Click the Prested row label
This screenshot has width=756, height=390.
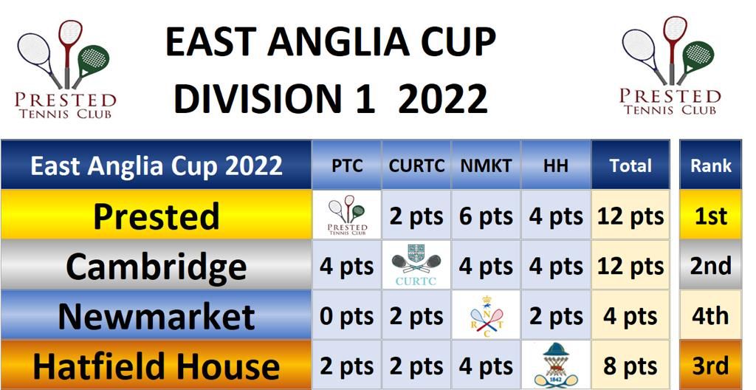click(x=157, y=216)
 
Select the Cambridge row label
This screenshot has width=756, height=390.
click(x=157, y=266)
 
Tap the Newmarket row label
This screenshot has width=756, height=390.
click(x=157, y=316)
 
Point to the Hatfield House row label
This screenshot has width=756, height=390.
click(x=157, y=366)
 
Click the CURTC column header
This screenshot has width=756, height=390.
click(x=416, y=165)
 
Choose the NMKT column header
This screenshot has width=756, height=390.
click(x=486, y=165)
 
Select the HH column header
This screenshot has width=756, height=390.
click(x=556, y=165)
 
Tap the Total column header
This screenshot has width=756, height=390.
click(x=630, y=165)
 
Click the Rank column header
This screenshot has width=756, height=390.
click(x=711, y=165)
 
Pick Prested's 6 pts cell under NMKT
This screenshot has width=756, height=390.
click(x=486, y=216)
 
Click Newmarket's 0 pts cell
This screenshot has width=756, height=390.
click(x=347, y=317)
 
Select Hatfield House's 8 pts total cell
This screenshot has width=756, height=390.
click(x=630, y=366)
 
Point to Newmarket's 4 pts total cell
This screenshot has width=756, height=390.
click(x=630, y=317)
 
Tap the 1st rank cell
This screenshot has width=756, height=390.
click(x=711, y=216)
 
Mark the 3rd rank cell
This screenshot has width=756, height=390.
click(x=711, y=366)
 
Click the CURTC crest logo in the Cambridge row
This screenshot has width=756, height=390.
click(x=416, y=265)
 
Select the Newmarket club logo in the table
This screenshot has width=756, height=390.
click(x=486, y=316)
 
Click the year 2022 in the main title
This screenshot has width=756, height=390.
click(x=443, y=98)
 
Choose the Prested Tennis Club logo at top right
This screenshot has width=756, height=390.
click(x=670, y=66)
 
